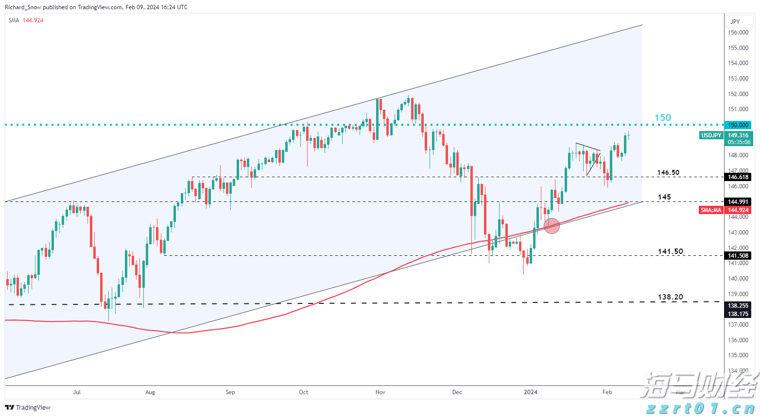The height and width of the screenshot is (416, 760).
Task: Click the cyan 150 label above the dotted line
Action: (662, 117)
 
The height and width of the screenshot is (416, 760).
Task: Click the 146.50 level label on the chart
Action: (668, 172)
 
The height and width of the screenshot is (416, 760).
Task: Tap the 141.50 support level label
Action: (670, 251)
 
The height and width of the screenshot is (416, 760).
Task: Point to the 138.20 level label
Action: (670, 297)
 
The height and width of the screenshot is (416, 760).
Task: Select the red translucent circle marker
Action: (552, 226)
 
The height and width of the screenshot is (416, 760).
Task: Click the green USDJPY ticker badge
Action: (710, 135)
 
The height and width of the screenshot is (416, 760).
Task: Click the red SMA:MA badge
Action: (711, 210)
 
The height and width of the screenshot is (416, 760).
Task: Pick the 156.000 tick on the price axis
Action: (738, 33)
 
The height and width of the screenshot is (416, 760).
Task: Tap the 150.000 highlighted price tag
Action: (738, 125)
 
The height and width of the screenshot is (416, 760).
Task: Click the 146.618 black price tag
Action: (738, 177)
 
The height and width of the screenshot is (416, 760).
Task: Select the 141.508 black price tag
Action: (738, 256)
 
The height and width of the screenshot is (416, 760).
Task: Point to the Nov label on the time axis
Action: (380, 392)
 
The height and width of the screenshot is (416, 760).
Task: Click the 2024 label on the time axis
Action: (531, 392)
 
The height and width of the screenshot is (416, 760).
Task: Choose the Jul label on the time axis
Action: (77, 392)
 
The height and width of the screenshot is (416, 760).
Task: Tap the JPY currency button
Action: (735, 21)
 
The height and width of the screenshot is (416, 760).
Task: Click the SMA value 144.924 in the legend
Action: (33, 20)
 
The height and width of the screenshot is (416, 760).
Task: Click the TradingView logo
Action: (28, 407)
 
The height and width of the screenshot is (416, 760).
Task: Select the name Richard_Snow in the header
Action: (23, 7)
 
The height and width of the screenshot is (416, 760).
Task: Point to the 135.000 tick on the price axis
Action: (738, 355)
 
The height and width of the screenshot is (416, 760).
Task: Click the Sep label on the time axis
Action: (230, 392)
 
